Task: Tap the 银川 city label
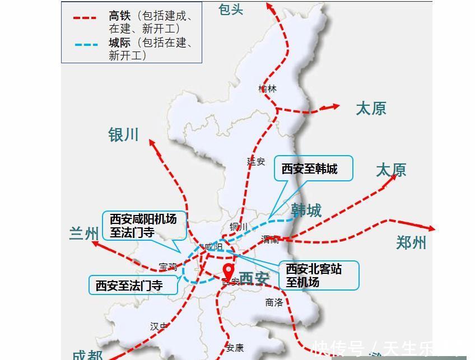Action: coord(123,135)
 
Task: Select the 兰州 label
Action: coord(84,233)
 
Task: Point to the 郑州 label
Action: coord(411,242)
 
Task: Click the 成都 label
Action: coord(87,354)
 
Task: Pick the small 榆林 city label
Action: coord(268,88)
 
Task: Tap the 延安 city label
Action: coord(256,161)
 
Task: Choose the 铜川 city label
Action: coord(239,226)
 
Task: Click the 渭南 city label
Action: coord(270,240)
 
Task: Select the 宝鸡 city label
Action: coord(167,267)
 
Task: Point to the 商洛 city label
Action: coord(274,302)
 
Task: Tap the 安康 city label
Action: coord(235,348)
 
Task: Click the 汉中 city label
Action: coord(159,326)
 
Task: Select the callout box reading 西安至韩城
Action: coord(314,169)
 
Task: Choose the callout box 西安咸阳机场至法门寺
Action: coord(143,226)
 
